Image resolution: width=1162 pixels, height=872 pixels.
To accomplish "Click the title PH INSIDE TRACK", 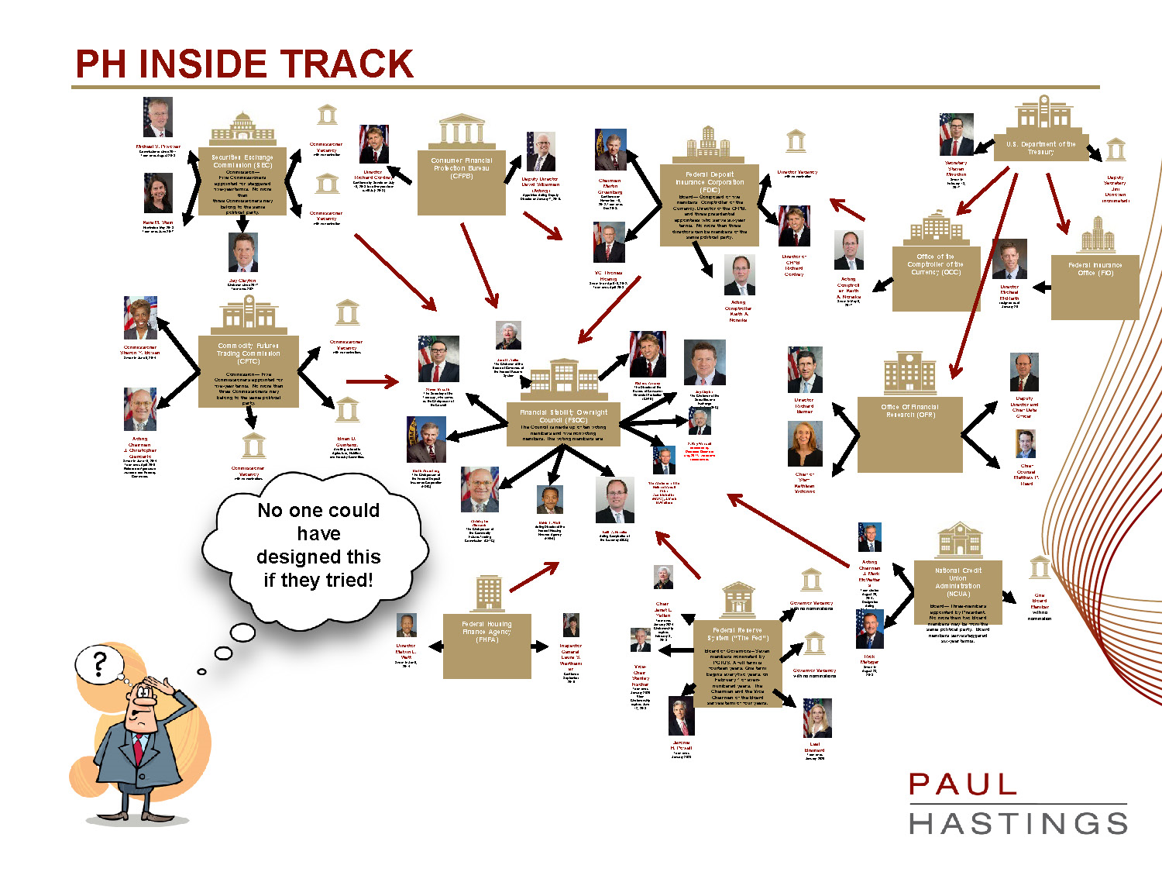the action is pos(245,64).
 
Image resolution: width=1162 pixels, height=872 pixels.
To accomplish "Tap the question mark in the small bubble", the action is pos(99,664).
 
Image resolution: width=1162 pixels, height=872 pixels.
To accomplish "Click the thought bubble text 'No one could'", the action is pos(318,510).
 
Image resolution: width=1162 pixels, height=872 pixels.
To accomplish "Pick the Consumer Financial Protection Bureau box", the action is pos(462,182).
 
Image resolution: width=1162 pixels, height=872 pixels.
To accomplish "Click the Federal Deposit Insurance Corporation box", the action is pos(710,205).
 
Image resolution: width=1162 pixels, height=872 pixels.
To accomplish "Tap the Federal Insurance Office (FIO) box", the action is pos(1095,287).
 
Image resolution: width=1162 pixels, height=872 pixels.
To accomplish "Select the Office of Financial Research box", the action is pos(909,434).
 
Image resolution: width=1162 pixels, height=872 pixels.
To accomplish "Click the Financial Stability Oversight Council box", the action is pos(563,424).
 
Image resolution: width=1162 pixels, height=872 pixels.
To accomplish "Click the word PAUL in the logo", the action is pos(963,784).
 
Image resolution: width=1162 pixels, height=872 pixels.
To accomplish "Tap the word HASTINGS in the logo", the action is pos(1018,823).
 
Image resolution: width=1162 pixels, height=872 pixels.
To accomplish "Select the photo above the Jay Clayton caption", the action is pos(242,253).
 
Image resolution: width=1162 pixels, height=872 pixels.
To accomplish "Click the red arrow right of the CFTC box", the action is pos(372,381).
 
